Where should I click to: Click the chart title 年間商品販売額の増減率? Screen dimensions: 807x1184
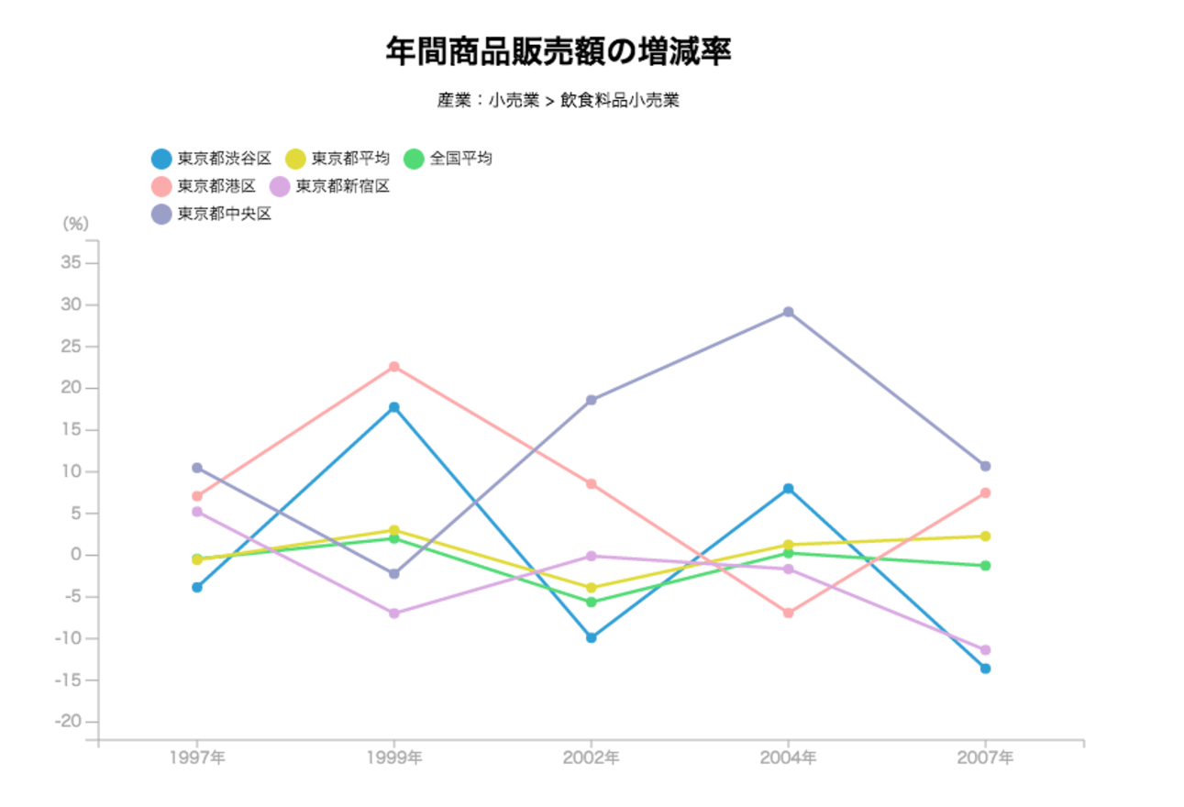558,52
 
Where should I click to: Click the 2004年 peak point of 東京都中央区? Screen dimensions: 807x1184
788,312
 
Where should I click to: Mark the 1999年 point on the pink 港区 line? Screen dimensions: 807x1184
394,367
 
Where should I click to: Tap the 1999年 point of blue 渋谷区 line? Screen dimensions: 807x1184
394,407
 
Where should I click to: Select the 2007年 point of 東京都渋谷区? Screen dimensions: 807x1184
985,669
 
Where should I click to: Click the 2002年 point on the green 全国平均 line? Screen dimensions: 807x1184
592,602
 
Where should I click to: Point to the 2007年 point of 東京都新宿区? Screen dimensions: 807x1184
985,649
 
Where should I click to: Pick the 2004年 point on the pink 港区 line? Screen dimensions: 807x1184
788,613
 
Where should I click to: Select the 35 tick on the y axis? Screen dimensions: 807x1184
72,263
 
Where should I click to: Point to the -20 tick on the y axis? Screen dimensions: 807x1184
69,722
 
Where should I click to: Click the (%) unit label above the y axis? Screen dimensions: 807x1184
75,223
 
